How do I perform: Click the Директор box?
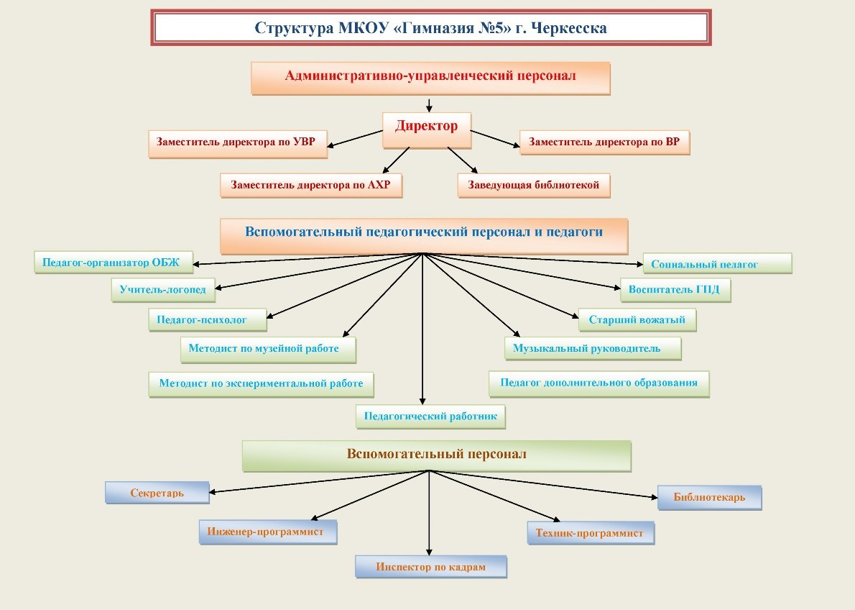[x=426, y=127]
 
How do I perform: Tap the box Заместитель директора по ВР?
[x=604, y=142]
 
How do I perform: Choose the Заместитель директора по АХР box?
[x=310, y=185]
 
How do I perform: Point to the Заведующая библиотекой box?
[x=533, y=185]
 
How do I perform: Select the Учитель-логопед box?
[x=163, y=290]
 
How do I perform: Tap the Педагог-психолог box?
[x=207, y=319]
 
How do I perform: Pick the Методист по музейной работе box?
[x=268, y=349]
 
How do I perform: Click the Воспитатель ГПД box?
[x=675, y=290]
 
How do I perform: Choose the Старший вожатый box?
[x=637, y=319]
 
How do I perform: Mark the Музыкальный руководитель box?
[x=592, y=349]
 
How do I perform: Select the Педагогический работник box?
[x=430, y=416]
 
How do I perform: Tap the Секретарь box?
[x=157, y=493]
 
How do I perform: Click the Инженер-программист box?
[x=267, y=532]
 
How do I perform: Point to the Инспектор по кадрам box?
[x=430, y=567]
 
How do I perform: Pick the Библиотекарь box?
[x=709, y=496]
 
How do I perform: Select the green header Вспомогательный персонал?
[x=436, y=455]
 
